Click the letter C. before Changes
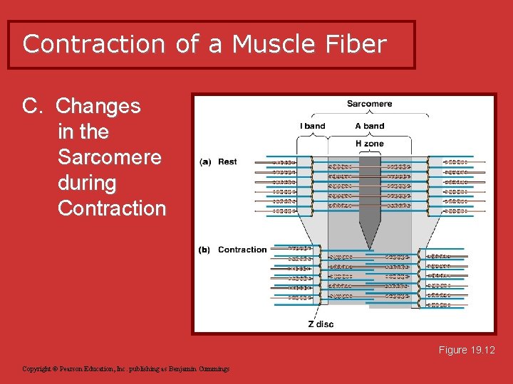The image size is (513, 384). click(x=34, y=107)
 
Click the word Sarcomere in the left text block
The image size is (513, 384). click(x=110, y=157)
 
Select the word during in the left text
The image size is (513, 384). click(x=86, y=183)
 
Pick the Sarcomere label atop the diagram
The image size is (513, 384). click(x=369, y=104)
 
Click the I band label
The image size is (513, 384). click(x=312, y=126)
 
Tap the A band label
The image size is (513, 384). click(x=369, y=126)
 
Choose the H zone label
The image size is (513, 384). click(x=369, y=144)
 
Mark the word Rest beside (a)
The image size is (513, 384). click(x=227, y=162)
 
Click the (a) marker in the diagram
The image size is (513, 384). click(x=205, y=162)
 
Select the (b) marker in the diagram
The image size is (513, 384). click(x=205, y=250)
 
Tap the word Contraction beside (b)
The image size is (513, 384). click(x=242, y=250)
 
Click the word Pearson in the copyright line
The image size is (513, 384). click(x=74, y=369)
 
